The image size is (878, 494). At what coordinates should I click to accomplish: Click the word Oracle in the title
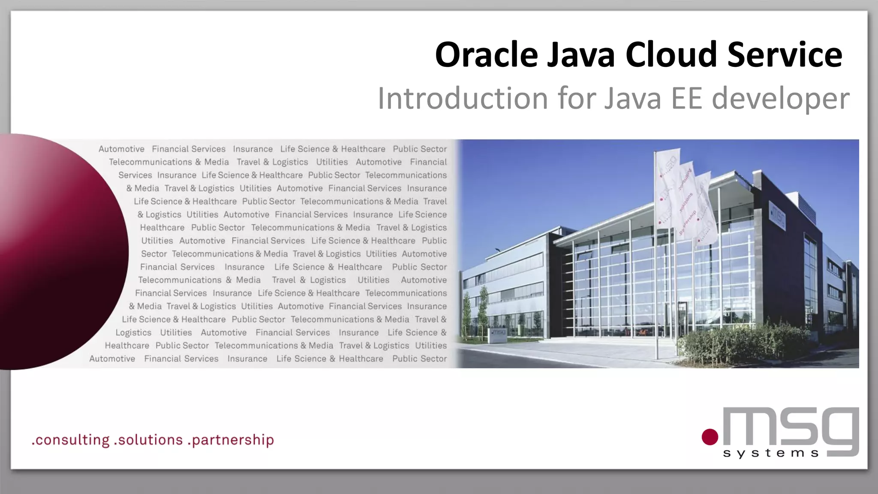pos(486,55)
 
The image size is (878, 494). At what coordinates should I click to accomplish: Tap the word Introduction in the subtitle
pos(463,98)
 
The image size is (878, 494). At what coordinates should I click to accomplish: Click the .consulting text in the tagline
pos(71,440)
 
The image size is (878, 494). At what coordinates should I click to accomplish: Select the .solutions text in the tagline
pos(148,440)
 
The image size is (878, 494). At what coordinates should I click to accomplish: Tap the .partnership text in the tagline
pos(231,440)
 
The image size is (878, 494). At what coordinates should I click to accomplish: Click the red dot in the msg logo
pos(710,437)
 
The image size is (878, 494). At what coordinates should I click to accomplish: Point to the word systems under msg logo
pos(771,453)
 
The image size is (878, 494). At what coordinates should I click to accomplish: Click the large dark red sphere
pos(56,253)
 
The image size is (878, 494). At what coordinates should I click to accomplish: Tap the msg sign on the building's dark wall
pos(777,217)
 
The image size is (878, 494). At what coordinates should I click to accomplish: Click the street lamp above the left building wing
pos(497,250)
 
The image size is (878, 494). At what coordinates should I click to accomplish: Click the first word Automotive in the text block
pos(121,149)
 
